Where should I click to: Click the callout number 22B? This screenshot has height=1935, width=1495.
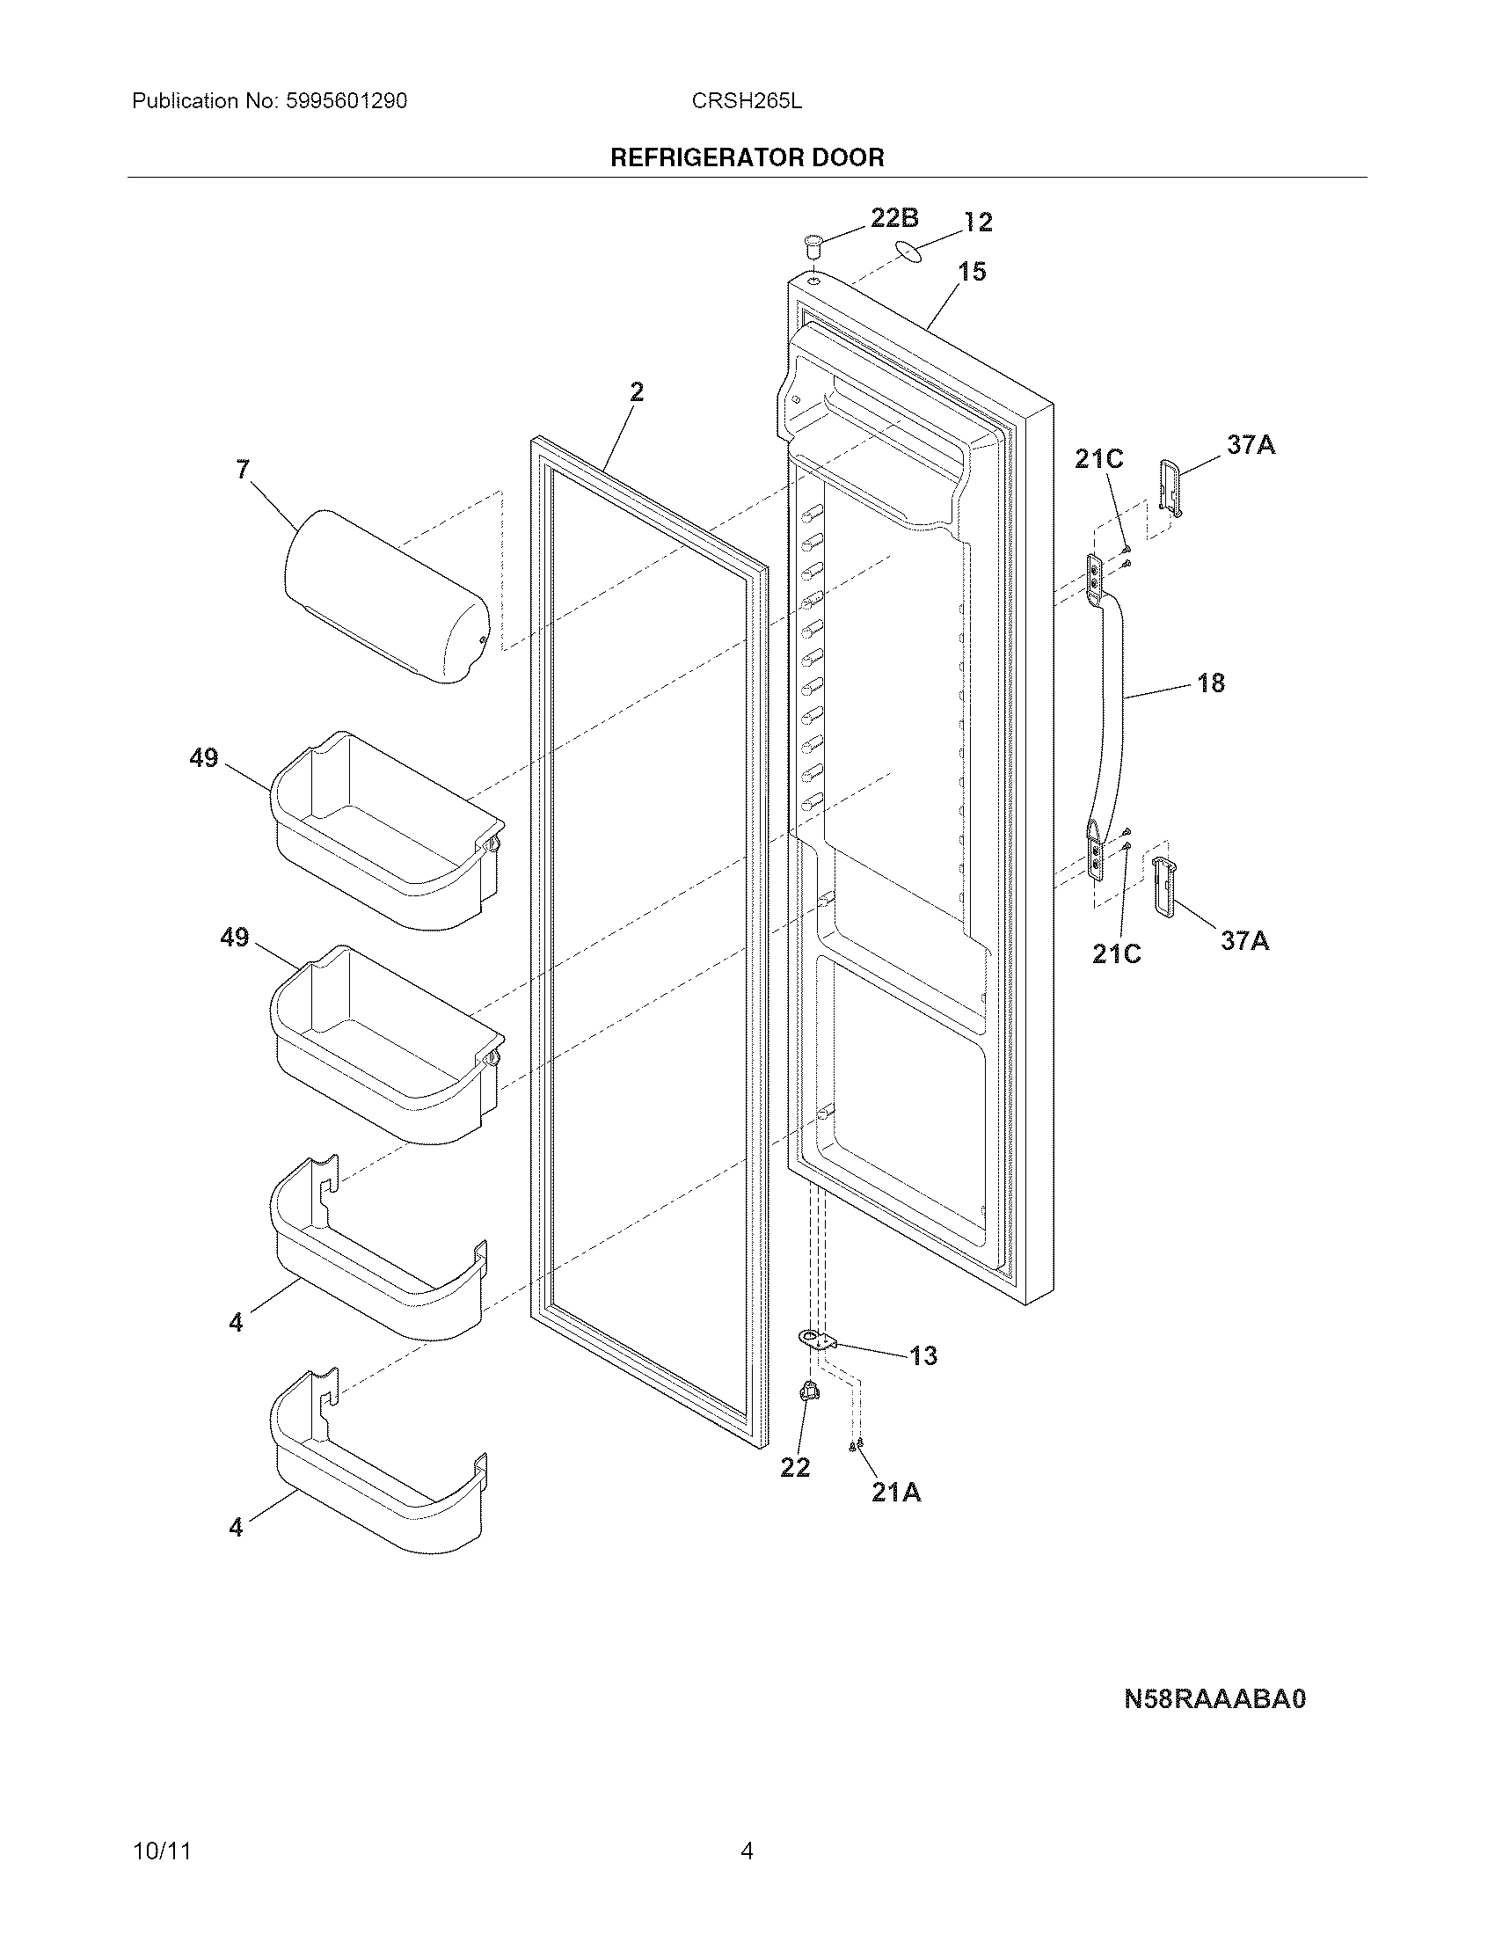(x=893, y=218)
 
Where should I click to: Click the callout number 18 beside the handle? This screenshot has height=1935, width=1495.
(x=1211, y=683)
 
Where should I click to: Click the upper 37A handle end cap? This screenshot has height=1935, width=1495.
(x=1170, y=486)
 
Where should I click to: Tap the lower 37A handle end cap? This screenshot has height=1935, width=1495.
(x=1163, y=885)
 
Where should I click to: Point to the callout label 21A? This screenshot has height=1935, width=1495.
(x=895, y=1493)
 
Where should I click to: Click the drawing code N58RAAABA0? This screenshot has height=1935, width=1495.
(x=1215, y=1698)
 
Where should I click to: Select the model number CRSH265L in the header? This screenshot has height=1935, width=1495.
(x=747, y=101)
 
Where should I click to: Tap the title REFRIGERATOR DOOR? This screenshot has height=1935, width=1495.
(x=747, y=157)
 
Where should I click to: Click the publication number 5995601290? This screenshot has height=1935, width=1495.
(x=346, y=101)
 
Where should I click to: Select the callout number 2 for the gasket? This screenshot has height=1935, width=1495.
(x=637, y=391)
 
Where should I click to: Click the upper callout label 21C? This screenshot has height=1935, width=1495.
(x=1098, y=459)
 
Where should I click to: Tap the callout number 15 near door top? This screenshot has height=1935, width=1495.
(x=972, y=272)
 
